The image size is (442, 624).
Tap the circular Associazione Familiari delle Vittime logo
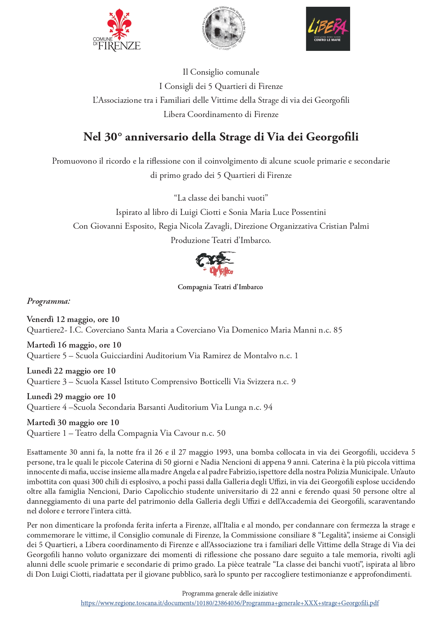[x=223, y=28]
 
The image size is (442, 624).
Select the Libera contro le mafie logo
[x=328, y=28]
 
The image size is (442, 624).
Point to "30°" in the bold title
[x=113, y=137]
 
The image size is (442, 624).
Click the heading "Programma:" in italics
[x=48, y=301]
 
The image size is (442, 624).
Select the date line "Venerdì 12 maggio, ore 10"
[x=73, y=319]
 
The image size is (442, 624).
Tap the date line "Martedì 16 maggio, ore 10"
[x=74, y=345]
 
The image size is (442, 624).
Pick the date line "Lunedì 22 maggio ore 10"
[x=71, y=371]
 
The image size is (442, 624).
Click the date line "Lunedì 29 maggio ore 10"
[x=71, y=396]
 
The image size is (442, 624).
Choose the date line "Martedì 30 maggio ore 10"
[x=73, y=422]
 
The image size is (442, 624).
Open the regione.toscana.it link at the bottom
[x=230, y=603]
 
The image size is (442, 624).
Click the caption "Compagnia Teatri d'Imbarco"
[x=220, y=287]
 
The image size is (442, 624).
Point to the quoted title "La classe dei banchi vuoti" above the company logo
[x=221, y=198]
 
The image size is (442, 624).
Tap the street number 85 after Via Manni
[x=338, y=330]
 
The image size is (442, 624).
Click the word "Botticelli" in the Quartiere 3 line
[x=215, y=382]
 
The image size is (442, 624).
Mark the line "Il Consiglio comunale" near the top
[x=221, y=72]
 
